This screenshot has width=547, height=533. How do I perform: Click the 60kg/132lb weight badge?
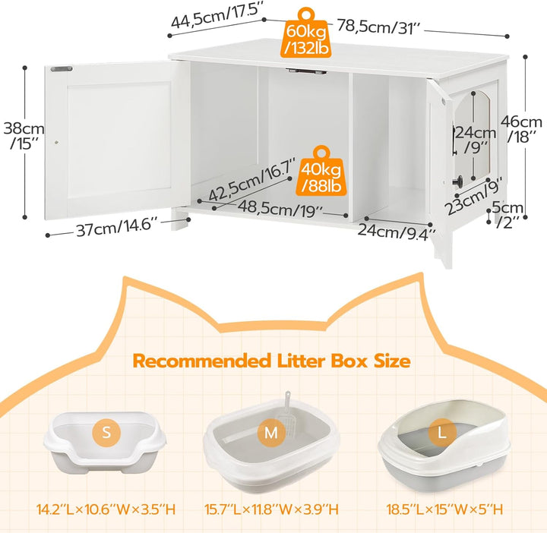point(306,33)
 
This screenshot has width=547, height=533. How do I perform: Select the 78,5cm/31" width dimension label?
point(380,27)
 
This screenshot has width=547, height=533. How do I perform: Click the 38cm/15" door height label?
point(24,136)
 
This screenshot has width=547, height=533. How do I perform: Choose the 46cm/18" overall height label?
point(521,129)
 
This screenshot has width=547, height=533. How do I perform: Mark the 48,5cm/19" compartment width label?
point(280,209)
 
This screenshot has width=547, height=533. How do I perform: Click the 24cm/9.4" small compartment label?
point(397,231)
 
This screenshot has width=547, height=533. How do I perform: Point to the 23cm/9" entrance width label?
point(473,195)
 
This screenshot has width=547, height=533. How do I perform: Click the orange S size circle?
point(106,433)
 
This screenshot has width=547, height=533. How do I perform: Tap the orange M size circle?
point(271,433)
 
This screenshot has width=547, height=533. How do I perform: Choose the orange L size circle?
point(442,433)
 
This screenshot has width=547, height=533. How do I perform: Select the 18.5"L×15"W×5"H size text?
point(444,509)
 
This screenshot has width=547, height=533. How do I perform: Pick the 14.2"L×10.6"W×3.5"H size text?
point(106,509)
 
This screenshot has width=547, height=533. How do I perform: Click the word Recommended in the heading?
point(202,361)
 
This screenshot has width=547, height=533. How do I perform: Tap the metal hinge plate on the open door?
point(62,68)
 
